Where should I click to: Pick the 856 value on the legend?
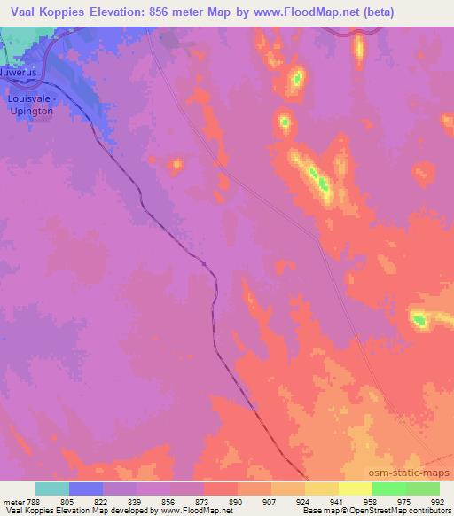(x=169, y=501)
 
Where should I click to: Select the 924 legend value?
(x=304, y=501)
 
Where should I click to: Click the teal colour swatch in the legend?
(x=52, y=489)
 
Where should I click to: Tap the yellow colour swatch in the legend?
(x=356, y=489)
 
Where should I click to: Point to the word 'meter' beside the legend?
(x=13, y=501)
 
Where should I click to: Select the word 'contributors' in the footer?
(x=429, y=511)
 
